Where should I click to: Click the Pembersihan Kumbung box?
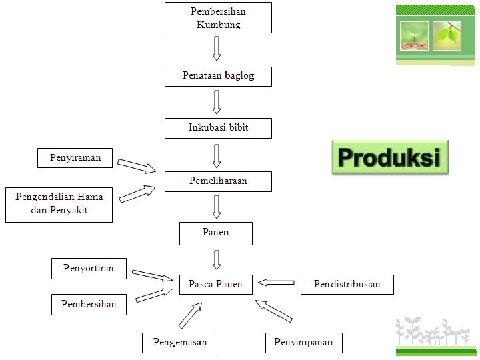[218, 18]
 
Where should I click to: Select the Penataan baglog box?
[218, 76]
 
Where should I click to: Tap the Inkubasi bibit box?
[218, 127]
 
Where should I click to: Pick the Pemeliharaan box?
[218, 181]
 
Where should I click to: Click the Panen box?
[216, 233]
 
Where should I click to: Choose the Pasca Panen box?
[216, 285]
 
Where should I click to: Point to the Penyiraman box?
[75, 158]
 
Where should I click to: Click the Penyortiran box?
[89, 269]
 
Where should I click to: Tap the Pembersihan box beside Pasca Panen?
[89, 305]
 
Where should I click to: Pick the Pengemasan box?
[180, 343]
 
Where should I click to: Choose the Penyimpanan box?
[303, 343]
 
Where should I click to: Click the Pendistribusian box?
[347, 285]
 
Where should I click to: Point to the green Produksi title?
[390, 158]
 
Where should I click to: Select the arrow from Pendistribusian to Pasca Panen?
[276, 283]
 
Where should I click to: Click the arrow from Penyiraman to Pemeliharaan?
[137, 165]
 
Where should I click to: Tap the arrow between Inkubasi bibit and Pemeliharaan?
[217, 155]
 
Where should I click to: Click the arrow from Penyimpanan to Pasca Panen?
[274, 311]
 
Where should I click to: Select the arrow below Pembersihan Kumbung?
[217, 48]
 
